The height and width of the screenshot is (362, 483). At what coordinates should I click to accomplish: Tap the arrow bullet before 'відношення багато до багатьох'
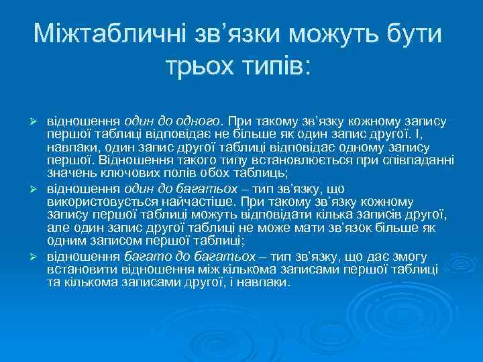point(39,257)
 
